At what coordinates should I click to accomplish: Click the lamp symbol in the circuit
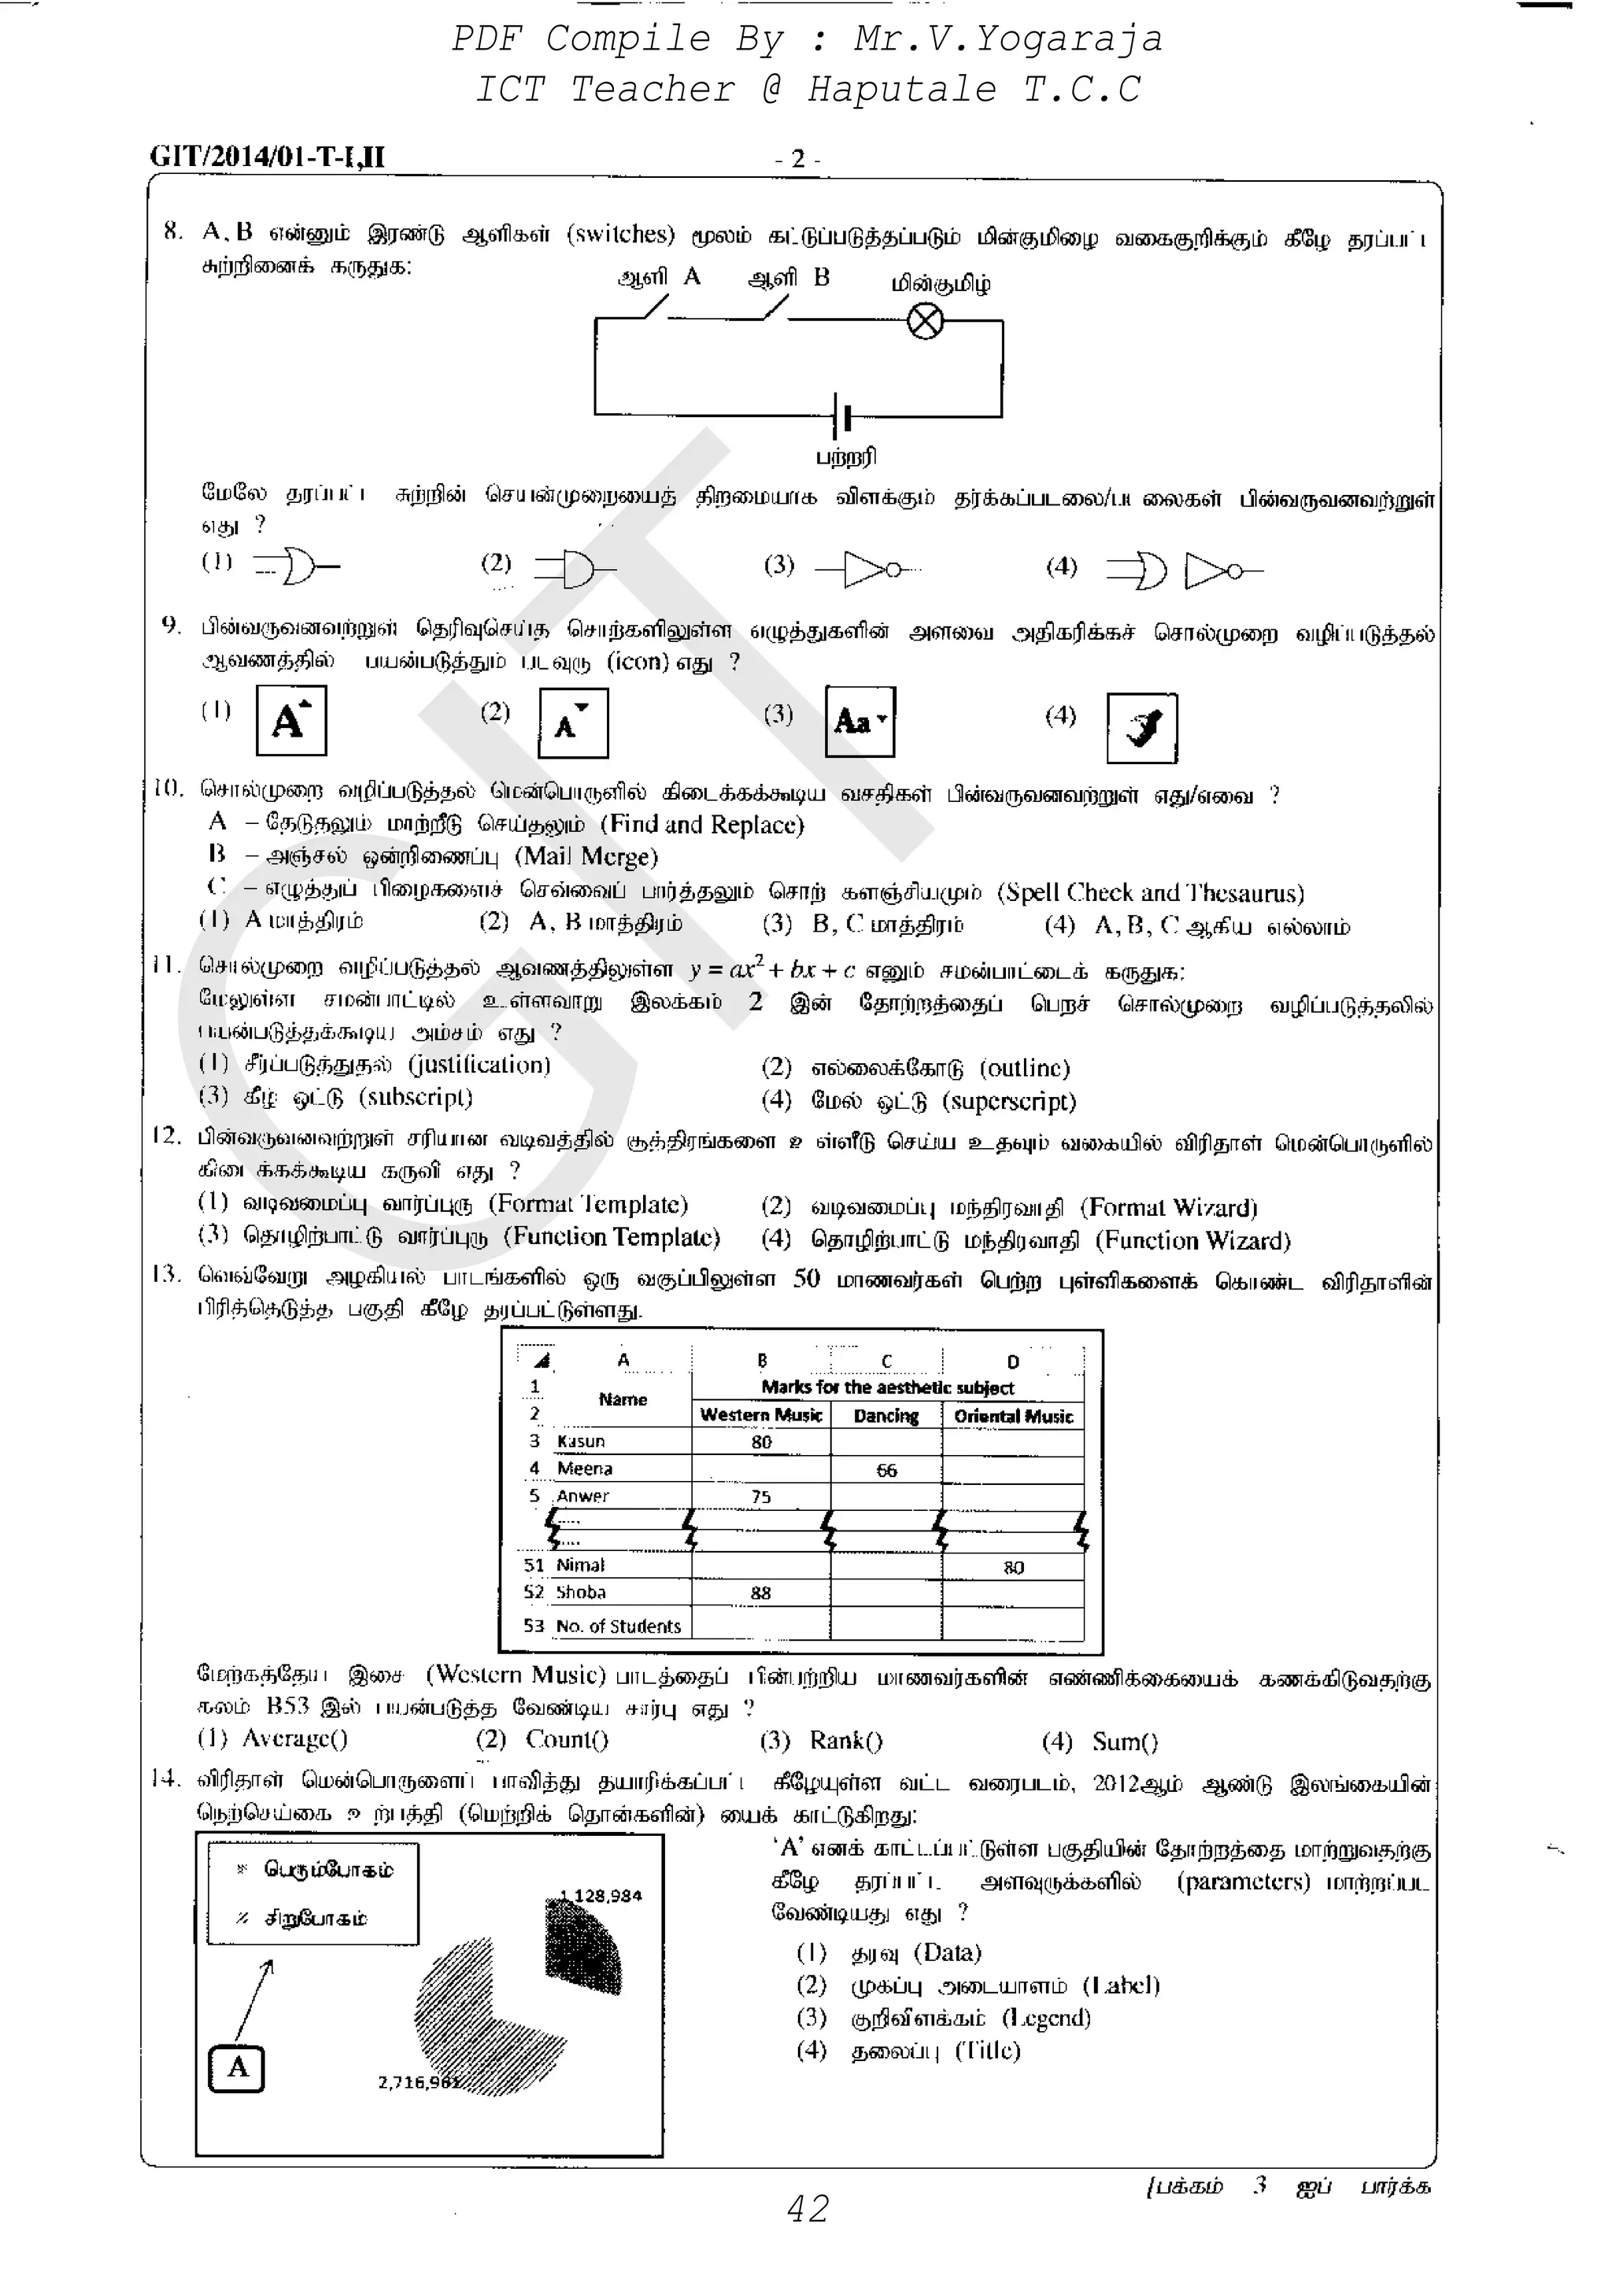point(925,322)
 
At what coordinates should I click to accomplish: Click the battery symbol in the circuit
point(841,417)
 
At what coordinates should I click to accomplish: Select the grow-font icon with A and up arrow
point(290,721)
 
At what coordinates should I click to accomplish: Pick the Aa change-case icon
point(860,722)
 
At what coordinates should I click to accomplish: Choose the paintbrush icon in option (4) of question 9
point(1141,728)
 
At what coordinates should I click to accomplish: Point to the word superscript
point(1012,1102)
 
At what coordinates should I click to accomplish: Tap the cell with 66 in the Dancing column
point(886,1470)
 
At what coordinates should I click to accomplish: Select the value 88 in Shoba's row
point(760,1592)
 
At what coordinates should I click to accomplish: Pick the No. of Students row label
point(617,1626)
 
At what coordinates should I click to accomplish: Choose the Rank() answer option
point(845,1741)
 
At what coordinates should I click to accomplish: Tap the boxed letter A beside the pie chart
point(237,2067)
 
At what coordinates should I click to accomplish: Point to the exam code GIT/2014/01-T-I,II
point(267,157)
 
